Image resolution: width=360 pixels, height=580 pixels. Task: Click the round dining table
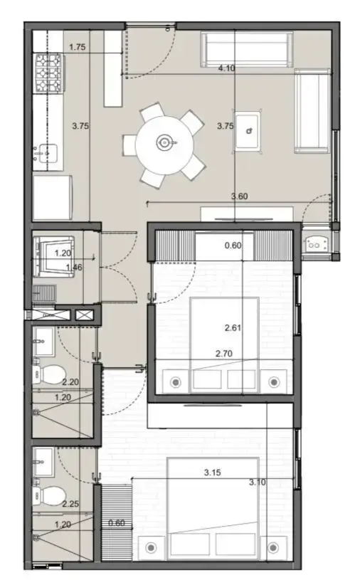(164, 145)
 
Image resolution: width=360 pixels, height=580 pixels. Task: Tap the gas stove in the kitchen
(49, 73)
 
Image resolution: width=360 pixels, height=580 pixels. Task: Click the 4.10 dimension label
(226, 68)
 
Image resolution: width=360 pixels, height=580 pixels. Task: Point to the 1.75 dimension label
(78, 47)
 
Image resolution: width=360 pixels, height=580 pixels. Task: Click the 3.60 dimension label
(240, 196)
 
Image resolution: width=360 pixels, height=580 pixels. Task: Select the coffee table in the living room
(248, 131)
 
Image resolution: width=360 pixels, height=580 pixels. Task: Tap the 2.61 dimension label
(233, 327)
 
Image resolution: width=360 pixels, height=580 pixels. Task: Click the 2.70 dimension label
(224, 354)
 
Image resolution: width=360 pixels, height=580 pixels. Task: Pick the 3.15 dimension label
(213, 473)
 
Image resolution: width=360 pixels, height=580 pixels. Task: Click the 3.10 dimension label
(258, 482)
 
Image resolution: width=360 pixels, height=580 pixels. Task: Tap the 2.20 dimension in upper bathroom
(70, 381)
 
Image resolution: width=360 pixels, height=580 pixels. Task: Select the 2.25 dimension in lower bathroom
(70, 503)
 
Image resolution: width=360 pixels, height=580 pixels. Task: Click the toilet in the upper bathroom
(49, 374)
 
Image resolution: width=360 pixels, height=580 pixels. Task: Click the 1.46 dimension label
(74, 267)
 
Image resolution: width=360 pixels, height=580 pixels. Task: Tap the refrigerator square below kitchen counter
(53, 198)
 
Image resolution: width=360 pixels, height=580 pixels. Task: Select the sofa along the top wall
(247, 50)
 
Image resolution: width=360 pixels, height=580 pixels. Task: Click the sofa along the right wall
(312, 110)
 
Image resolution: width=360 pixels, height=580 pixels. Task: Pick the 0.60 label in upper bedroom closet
(233, 246)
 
